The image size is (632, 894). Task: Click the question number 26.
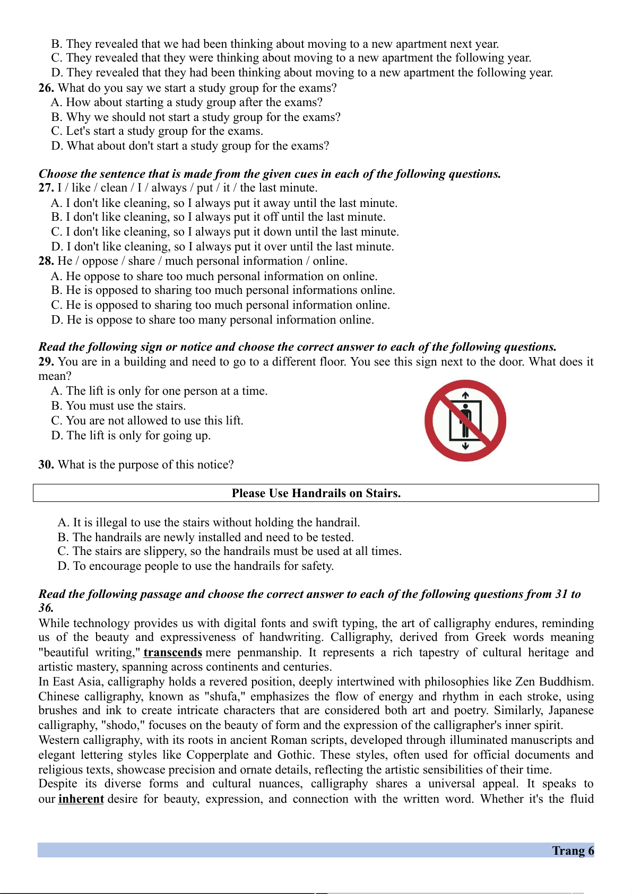coord(46,88)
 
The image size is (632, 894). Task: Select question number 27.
coord(46,188)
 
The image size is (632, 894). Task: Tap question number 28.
coord(46,261)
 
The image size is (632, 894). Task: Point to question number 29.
coord(46,362)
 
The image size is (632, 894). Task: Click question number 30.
coord(46,465)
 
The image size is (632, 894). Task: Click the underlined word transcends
coord(172,653)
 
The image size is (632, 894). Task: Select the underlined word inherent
coord(81,799)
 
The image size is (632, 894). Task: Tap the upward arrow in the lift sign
coord(465,395)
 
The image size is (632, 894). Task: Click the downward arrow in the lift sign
coord(465,446)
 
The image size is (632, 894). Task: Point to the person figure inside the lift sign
coord(465,419)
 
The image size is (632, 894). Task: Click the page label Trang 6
coord(573,850)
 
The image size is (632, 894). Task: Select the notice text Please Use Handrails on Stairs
coord(316,493)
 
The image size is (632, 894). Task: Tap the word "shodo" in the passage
coord(123,725)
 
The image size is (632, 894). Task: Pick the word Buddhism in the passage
coord(566,682)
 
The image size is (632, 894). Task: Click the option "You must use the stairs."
coord(125,406)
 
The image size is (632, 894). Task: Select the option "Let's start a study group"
coord(164,131)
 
